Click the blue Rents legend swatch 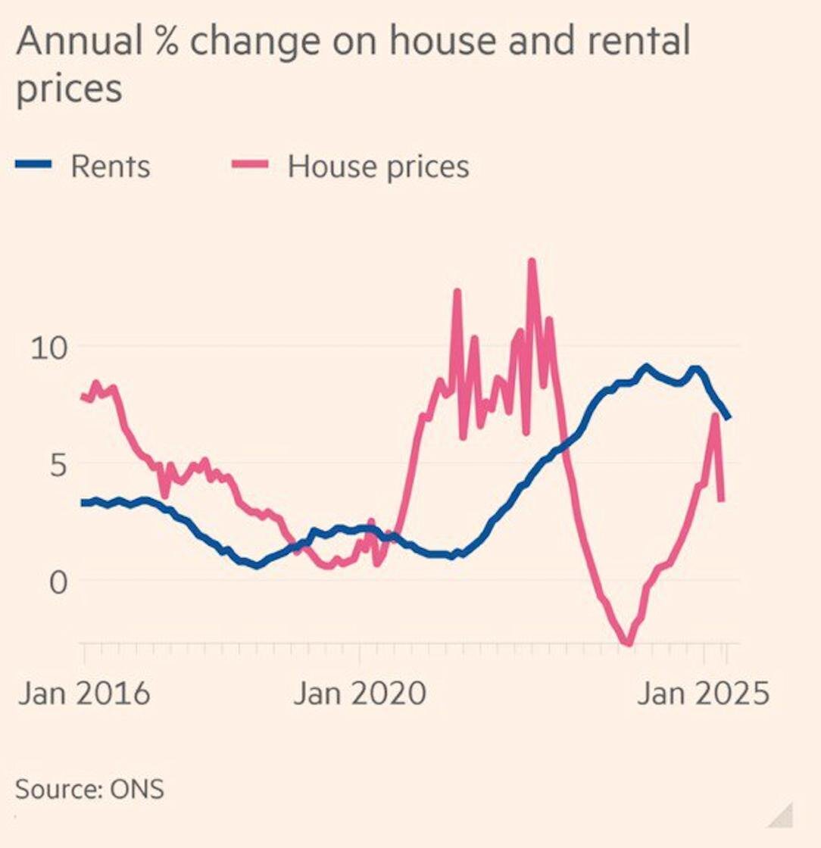tap(34, 164)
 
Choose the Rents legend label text tap(111, 166)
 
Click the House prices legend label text tap(378, 167)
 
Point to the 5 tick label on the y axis tap(58, 464)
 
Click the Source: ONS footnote tap(89, 789)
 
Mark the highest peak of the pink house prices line tap(532, 262)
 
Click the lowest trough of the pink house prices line tap(627, 644)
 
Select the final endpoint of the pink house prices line tap(721, 500)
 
